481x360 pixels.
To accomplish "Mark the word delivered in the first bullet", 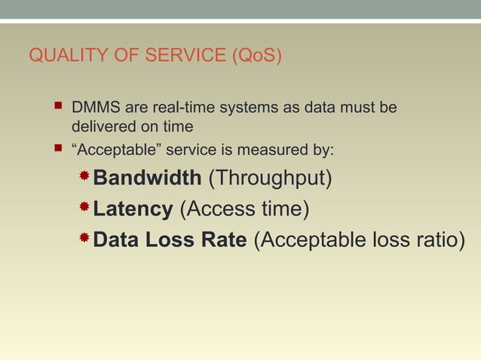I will click(x=101, y=126).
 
